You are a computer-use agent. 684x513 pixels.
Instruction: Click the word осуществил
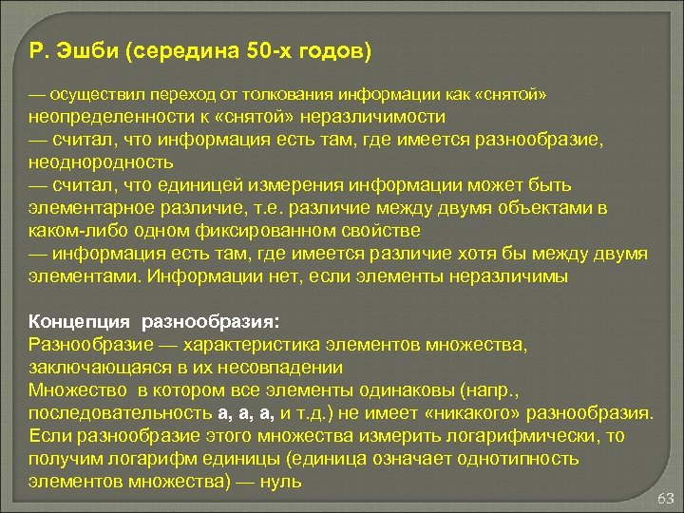coord(96,96)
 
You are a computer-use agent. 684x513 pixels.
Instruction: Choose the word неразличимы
coord(511,276)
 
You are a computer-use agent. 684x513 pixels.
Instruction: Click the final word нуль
coord(283,482)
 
